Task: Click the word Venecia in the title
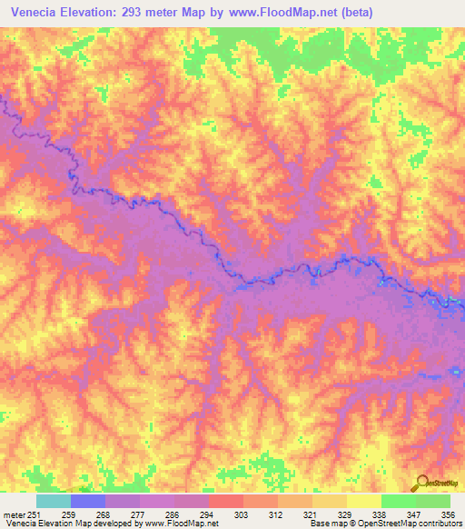click(x=36, y=12)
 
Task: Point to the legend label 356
click(x=449, y=514)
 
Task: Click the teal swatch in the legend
click(x=54, y=501)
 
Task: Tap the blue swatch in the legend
click(x=88, y=501)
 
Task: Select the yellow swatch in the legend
click(x=364, y=501)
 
